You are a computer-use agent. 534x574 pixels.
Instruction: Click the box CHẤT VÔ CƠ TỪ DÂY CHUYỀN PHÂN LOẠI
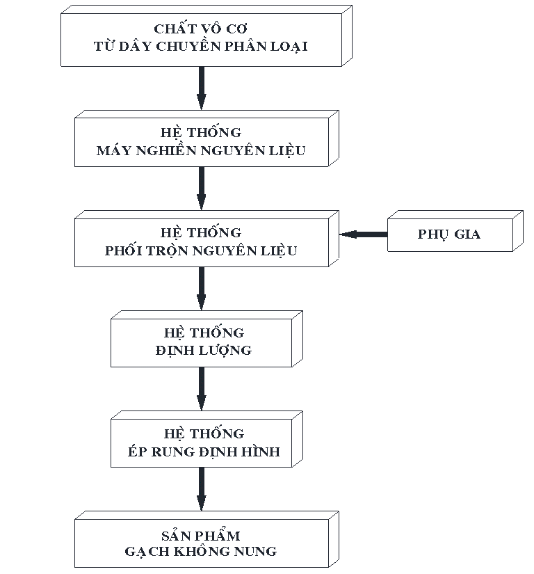click(201, 38)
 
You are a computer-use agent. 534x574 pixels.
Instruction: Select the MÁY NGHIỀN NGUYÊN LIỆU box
click(201, 142)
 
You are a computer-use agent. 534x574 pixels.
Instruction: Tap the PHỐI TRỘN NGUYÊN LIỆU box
click(201, 241)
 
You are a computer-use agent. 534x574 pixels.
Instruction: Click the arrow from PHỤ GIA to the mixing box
click(363, 235)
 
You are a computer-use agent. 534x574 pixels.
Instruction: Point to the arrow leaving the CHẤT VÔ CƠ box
click(202, 87)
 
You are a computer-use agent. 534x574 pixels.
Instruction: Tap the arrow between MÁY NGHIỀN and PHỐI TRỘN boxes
click(202, 188)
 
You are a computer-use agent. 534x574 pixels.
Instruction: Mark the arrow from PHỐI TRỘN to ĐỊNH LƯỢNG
click(202, 288)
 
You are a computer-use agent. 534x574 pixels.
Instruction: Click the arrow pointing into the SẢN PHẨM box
click(202, 490)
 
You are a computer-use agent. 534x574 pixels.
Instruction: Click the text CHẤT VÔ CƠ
click(201, 29)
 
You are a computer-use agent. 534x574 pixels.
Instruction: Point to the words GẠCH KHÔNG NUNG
click(201, 552)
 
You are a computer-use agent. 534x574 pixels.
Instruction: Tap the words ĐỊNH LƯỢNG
click(204, 350)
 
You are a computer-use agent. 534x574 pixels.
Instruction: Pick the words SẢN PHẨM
click(201, 536)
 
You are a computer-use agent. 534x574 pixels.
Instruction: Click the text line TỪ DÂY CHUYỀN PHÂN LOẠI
click(201, 47)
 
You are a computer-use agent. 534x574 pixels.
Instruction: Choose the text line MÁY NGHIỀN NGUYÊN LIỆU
click(201, 150)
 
